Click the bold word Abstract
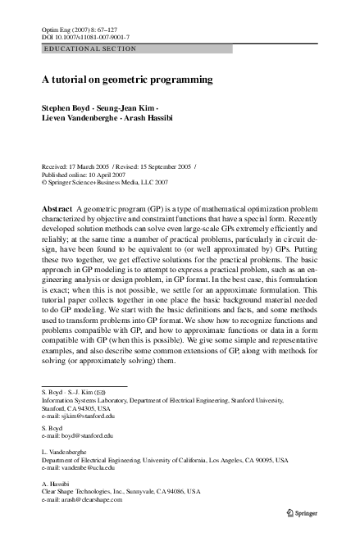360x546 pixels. tap(57, 211)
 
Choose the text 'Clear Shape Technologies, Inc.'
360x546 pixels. tap(87, 491)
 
